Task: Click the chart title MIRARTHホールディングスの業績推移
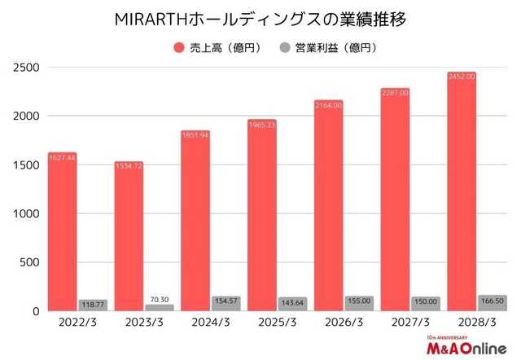click(x=260, y=17)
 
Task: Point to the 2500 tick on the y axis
click(x=25, y=68)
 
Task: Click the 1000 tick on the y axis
click(x=25, y=214)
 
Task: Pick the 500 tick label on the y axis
click(x=29, y=263)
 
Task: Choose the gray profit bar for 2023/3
click(x=159, y=307)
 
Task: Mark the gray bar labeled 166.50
click(x=491, y=302)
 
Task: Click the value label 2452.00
click(x=461, y=77)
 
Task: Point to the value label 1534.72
click(x=129, y=166)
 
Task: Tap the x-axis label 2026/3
click(x=343, y=323)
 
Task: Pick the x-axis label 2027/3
click(x=409, y=323)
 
